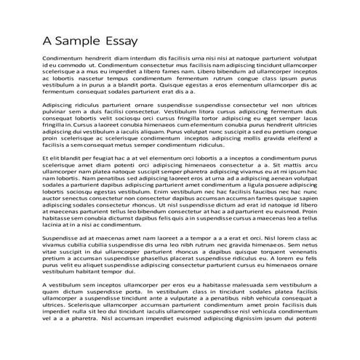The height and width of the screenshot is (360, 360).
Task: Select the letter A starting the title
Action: click(x=47, y=40)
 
